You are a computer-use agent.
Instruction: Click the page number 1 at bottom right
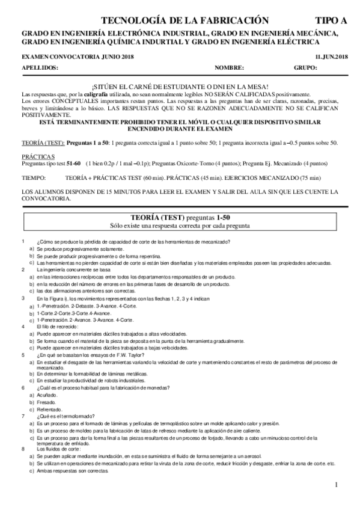(337, 485)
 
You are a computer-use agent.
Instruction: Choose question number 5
(22, 355)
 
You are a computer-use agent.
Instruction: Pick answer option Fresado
(46, 402)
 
